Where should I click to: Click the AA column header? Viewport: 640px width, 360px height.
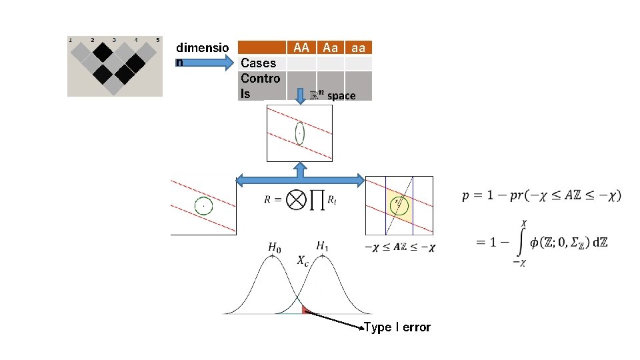coord(301,47)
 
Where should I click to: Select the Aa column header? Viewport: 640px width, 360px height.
coord(330,47)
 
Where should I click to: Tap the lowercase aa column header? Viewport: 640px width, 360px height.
coord(358,47)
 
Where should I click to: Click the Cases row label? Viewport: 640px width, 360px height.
coord(258,63)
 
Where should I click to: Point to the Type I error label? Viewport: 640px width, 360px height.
coord(397,327)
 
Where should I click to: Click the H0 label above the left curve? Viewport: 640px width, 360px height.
coord(274,247)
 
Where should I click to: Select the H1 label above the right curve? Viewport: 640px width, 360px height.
coord(323,247)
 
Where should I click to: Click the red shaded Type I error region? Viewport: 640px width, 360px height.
coord(305,309)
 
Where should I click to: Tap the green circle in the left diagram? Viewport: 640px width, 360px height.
coord(203,206)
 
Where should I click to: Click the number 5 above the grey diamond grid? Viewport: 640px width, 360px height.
coord(158,39)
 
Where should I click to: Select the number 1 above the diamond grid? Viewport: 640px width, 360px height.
coord(71,39)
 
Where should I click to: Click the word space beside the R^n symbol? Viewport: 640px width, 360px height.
coord(341,96)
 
